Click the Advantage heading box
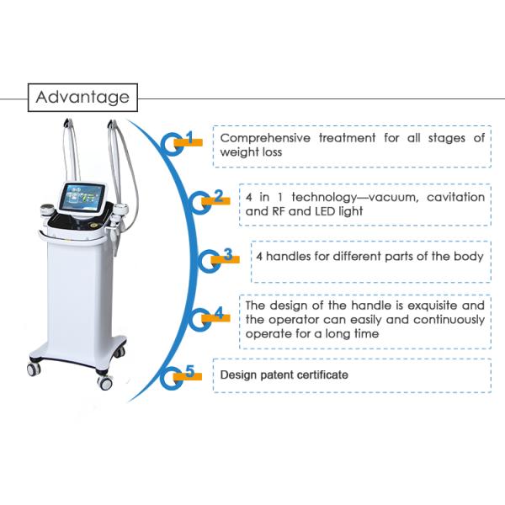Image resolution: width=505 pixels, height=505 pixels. pos(82,98)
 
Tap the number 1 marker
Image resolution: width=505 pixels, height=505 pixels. pos(189,138)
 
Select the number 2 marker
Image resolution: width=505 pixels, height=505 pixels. pos(218,198)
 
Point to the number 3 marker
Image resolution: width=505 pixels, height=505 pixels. pos(228,254)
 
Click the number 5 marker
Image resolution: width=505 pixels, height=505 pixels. pos(189,371)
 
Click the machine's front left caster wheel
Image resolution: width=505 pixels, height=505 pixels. pos(35,369)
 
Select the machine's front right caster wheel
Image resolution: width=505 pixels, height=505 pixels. pos(104,382)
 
